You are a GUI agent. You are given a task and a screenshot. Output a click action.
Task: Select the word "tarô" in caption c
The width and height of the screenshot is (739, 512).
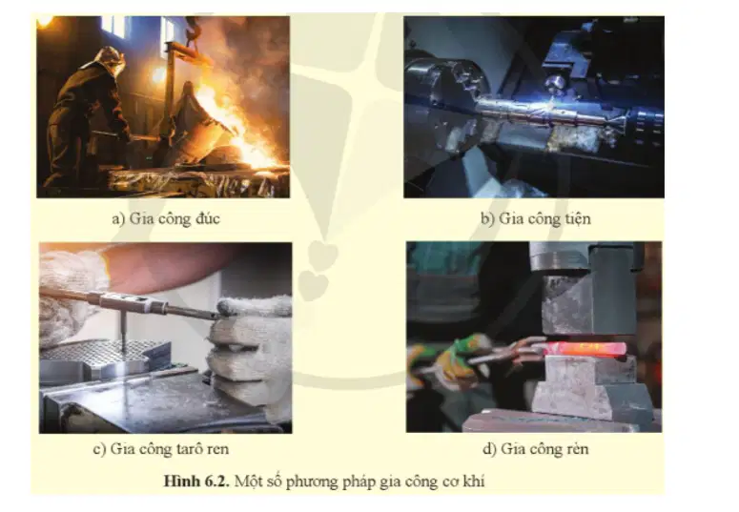click(176, 449)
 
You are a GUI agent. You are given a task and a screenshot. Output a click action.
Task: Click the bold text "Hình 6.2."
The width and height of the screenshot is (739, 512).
click(195, 481)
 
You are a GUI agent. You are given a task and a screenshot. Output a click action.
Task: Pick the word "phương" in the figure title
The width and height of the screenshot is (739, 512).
click(312, 482)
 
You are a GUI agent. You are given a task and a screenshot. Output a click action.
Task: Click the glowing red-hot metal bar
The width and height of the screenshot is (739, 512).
click(585, 349)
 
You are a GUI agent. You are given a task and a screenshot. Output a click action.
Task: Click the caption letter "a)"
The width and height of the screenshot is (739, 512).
click(118, 219)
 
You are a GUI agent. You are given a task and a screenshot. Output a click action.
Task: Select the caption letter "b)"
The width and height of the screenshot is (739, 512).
click(488, 219)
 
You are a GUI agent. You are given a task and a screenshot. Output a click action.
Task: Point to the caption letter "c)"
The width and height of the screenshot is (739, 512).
click(99, 449)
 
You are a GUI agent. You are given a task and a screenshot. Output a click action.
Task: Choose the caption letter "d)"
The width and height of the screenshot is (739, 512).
click(490, 449)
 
